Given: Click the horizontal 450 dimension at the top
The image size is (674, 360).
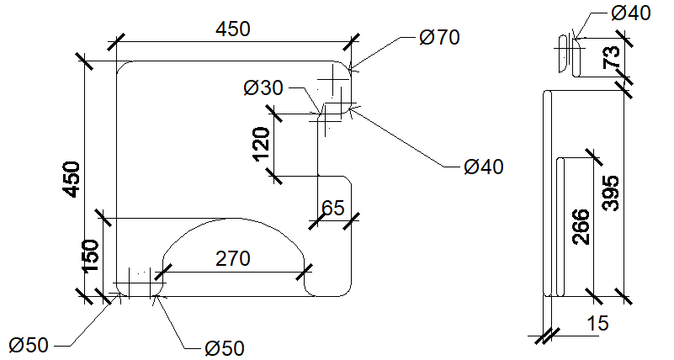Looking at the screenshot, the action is [232, 29].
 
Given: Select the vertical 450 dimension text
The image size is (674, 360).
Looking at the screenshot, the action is [72, 179].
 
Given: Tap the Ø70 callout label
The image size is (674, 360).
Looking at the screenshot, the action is [439, 37].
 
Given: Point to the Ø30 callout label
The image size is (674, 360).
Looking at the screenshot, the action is [263, 87].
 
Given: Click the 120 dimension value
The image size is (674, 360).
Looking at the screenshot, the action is [262, 145].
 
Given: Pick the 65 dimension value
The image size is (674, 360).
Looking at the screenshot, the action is [333, 208].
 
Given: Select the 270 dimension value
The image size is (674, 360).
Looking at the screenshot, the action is [232, 258].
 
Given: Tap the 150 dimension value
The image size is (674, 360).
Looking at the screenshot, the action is [90, 256].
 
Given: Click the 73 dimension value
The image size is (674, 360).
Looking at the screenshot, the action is [612, 56].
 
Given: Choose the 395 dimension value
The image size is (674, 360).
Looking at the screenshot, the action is [610, 193].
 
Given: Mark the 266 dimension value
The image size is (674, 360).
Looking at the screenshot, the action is [581, 227].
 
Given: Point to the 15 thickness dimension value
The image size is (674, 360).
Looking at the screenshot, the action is [597, 323].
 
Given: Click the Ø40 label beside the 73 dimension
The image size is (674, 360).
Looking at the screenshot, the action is [630, 13].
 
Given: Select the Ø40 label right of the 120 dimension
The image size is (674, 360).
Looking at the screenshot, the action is [484, 167].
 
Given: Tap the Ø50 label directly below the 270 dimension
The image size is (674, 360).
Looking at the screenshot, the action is [225, 348].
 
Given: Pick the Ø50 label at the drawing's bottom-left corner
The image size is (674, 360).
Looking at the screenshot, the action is [29, 345].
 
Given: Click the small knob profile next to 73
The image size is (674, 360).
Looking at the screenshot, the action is [570, 55].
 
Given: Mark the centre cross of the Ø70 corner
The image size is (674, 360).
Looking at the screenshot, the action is [333, 79].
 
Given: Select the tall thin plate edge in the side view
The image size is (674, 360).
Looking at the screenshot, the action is [547, 193].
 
